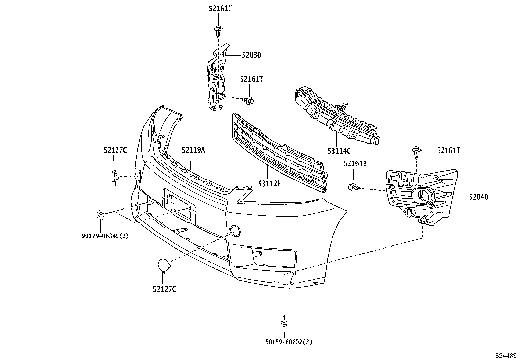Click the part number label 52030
(x=251, y=55)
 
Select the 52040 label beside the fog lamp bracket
(x=478, y=197)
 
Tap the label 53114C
(x=339, y=151)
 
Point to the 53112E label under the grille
(x=269, y=184)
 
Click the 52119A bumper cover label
(x=193, y=150)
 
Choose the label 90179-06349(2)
(x=105, y=236)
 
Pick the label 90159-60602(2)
(x=289, y=342)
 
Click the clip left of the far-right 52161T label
(x=416, y=152)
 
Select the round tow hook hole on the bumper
(x=235, y=231)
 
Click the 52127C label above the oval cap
(x=115, y=150)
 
